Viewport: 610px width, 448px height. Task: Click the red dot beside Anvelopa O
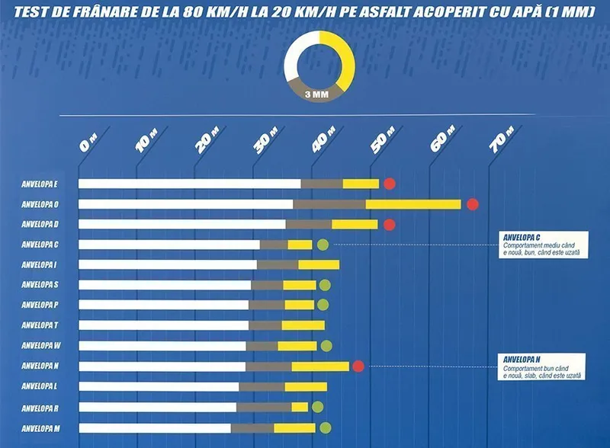(x=472, y=204)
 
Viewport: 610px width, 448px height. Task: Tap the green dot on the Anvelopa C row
(x=323, y=245)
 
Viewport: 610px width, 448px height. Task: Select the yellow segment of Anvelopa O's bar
(x=413, y=204)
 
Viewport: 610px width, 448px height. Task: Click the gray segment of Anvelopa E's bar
(x=322, y=184)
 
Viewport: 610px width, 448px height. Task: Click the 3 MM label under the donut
(x=316, y=95)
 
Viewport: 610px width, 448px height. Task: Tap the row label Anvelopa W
(x=41, y=346)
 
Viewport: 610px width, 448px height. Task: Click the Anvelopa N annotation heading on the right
(x=521, y=359)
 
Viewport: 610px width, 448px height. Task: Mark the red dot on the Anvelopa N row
(x=358, y=366)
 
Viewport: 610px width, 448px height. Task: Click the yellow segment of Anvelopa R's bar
(x=300, y=407)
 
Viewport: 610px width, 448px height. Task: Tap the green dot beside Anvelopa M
(x=326, y=427)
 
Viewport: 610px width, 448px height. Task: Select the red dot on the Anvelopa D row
(x=390, y=225)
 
